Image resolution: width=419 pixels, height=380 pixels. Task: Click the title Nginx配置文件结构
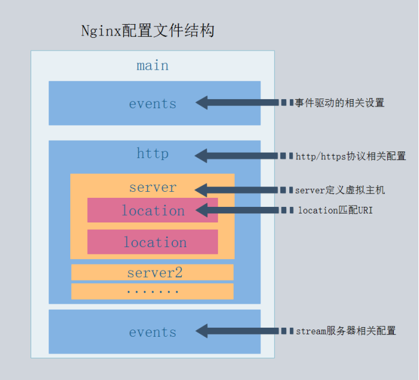tap(148, 31)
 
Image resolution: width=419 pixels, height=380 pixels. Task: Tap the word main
tap(152, 65)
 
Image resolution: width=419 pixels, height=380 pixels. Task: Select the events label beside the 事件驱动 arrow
tap(152, 103)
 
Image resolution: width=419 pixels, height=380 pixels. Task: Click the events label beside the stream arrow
tap(152, 332)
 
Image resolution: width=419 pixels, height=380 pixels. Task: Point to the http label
tap(152, 154)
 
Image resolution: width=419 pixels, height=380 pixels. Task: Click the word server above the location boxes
tap(152, 188)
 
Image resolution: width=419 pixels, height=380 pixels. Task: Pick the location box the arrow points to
tap(152, 210)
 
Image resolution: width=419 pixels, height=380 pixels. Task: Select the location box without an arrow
tap(152, 242)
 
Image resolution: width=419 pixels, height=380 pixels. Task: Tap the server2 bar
tap(152, 272)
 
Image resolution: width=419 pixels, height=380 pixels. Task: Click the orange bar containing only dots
tap(152, 292)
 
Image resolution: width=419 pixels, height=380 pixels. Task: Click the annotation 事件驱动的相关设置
tap(339, 103)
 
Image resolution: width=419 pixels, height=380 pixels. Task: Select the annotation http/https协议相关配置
tap(351, 156)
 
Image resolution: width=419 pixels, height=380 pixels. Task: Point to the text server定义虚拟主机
tap(340, 190)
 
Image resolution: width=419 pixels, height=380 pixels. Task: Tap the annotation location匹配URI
tap(335, 210)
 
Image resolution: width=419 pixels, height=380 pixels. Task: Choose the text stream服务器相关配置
tap(346, 331)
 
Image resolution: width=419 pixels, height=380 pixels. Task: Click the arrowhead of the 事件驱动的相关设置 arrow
tap(202, 103)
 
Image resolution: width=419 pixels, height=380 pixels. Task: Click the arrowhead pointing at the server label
tap(201, 190)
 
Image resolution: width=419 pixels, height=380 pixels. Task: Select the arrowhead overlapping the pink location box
tap(201, 210)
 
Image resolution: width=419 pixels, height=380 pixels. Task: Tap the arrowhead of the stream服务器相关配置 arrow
tap(202, 331)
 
